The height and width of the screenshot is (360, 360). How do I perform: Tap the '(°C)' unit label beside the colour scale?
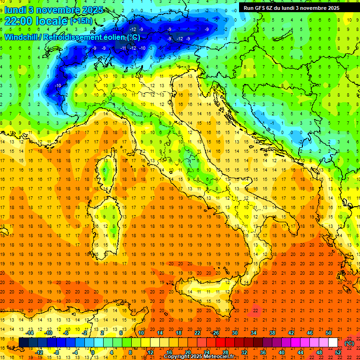pos(349,343)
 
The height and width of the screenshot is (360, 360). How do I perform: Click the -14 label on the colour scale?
pos(30,332)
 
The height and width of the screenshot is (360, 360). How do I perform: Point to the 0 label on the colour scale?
pos(92,352)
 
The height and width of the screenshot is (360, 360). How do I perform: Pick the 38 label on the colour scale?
pos(272,332)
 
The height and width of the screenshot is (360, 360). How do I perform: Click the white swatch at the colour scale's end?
pos(333,342)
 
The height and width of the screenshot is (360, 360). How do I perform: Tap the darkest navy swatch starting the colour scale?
pos(23,342)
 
